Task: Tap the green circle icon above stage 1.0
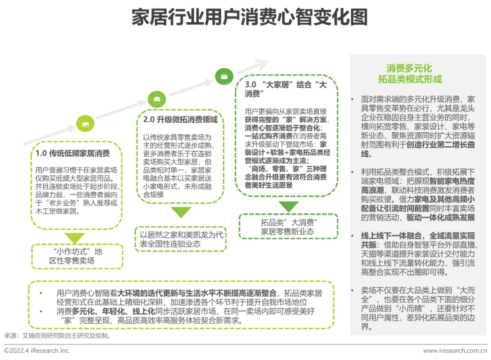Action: pos(85,124)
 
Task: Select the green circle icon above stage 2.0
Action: pos(157,99)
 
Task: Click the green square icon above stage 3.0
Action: pos(224,76)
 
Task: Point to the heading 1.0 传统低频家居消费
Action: pos(73,153)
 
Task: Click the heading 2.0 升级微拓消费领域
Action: pos(180,120)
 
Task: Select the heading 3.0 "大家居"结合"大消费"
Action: pos(286,89)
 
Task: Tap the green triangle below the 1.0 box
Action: pos(75,237)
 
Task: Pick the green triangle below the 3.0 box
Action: pos(288,207)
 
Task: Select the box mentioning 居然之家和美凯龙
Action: pos(180,239)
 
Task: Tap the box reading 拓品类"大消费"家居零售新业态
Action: pos(288,226)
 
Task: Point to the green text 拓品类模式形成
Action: pos(410,80)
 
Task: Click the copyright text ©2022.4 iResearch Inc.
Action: pos(37,350)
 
